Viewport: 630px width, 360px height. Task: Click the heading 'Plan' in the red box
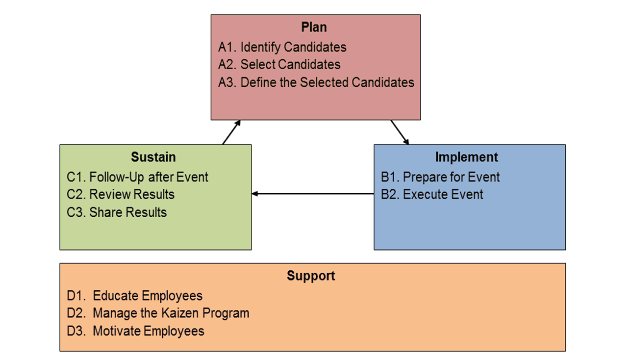314,27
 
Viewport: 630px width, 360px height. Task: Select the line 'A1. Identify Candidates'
282,47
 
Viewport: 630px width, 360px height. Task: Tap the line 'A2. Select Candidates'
279,64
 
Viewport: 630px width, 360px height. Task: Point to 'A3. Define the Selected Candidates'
316,82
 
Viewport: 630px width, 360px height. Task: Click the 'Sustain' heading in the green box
153,157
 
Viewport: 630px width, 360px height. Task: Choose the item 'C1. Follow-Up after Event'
138,177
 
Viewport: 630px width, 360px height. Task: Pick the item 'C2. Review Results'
121,194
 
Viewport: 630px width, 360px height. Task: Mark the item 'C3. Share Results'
117,212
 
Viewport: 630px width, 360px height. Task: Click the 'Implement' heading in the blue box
466,157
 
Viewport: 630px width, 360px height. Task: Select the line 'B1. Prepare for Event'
440,177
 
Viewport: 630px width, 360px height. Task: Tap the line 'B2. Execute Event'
432,194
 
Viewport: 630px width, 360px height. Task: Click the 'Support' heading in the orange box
311,276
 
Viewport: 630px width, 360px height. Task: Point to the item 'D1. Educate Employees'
135,296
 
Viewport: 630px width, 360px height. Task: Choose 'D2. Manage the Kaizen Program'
158,313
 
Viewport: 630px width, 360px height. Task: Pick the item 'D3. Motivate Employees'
135,331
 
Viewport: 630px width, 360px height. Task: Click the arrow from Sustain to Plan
231,132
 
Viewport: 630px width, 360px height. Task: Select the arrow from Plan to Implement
400,132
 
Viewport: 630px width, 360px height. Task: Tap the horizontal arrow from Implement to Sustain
312,194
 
